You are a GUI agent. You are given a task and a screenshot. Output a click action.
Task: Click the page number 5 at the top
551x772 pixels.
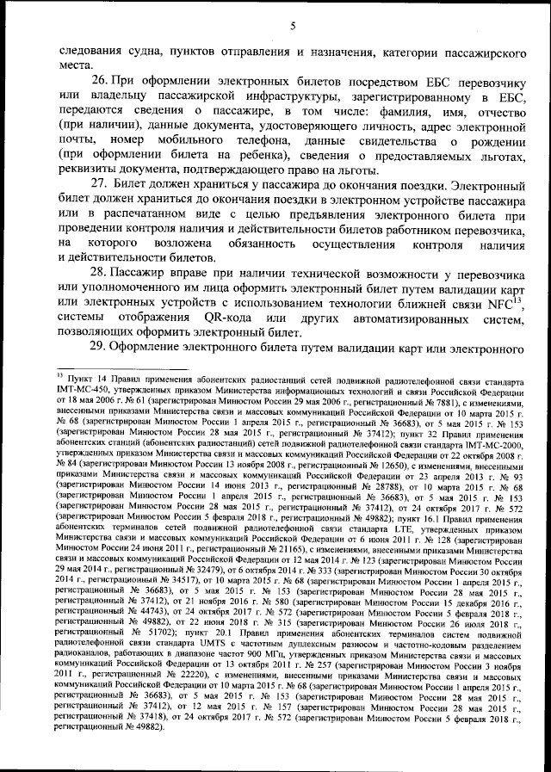pyautogui.click(x=293, y=26)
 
